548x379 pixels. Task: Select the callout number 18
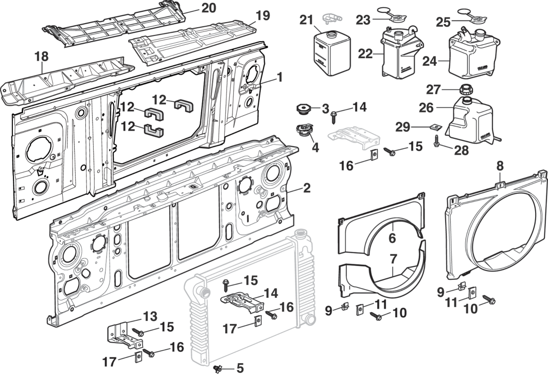42,56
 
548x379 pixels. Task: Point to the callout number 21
307,20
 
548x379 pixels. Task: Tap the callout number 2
306,188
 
